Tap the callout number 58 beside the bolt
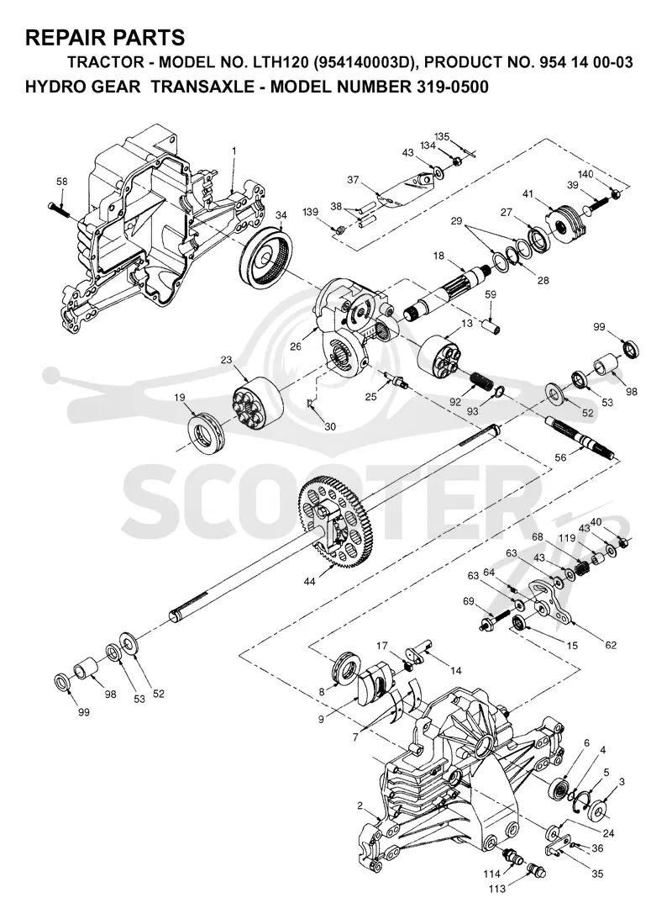pos(62,182)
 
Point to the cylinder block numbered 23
pos(258,405)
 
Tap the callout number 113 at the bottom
pos(497,889)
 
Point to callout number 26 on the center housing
pos(297,346)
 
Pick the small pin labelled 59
pos(491,324)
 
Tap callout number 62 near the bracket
pos(611,645)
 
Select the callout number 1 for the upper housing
pos(234,151)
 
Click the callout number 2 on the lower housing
pos(360,805)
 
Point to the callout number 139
pos(312,211)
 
